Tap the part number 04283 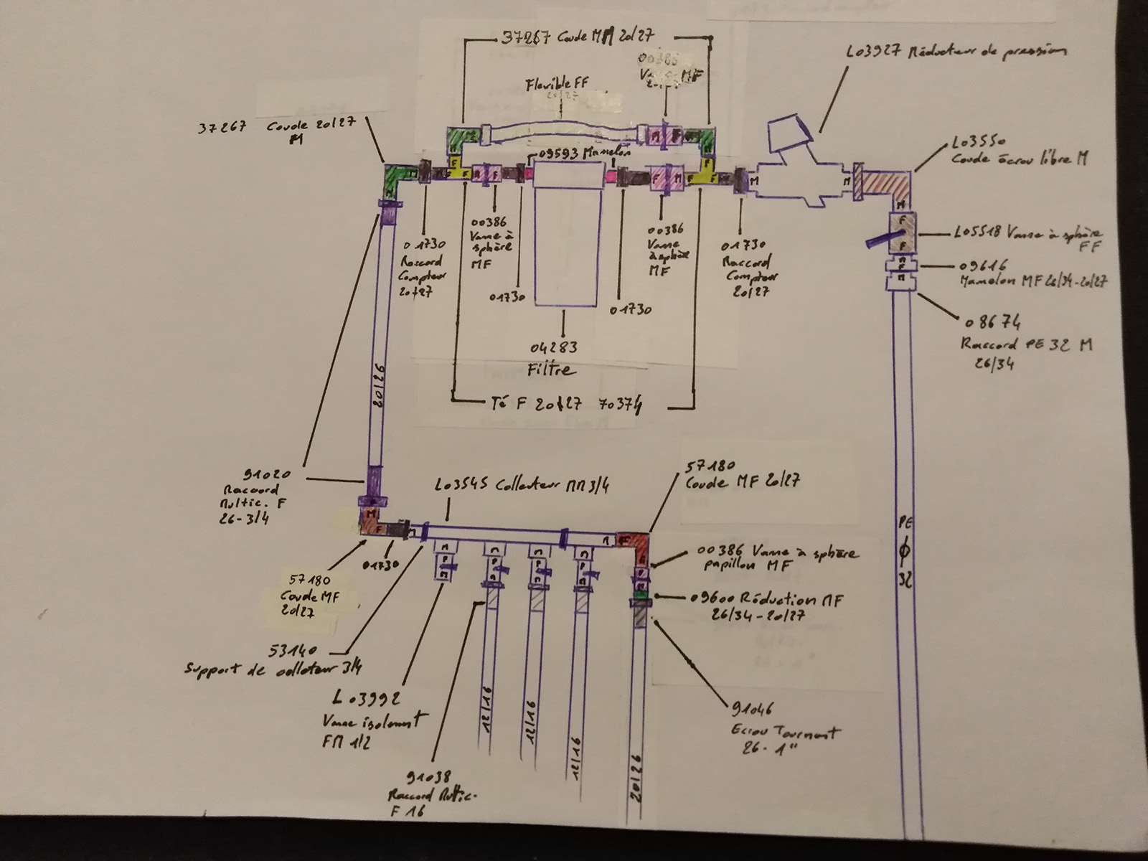553,349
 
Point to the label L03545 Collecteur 522,486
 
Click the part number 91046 751,710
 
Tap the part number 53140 293,651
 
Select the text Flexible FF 557,83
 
